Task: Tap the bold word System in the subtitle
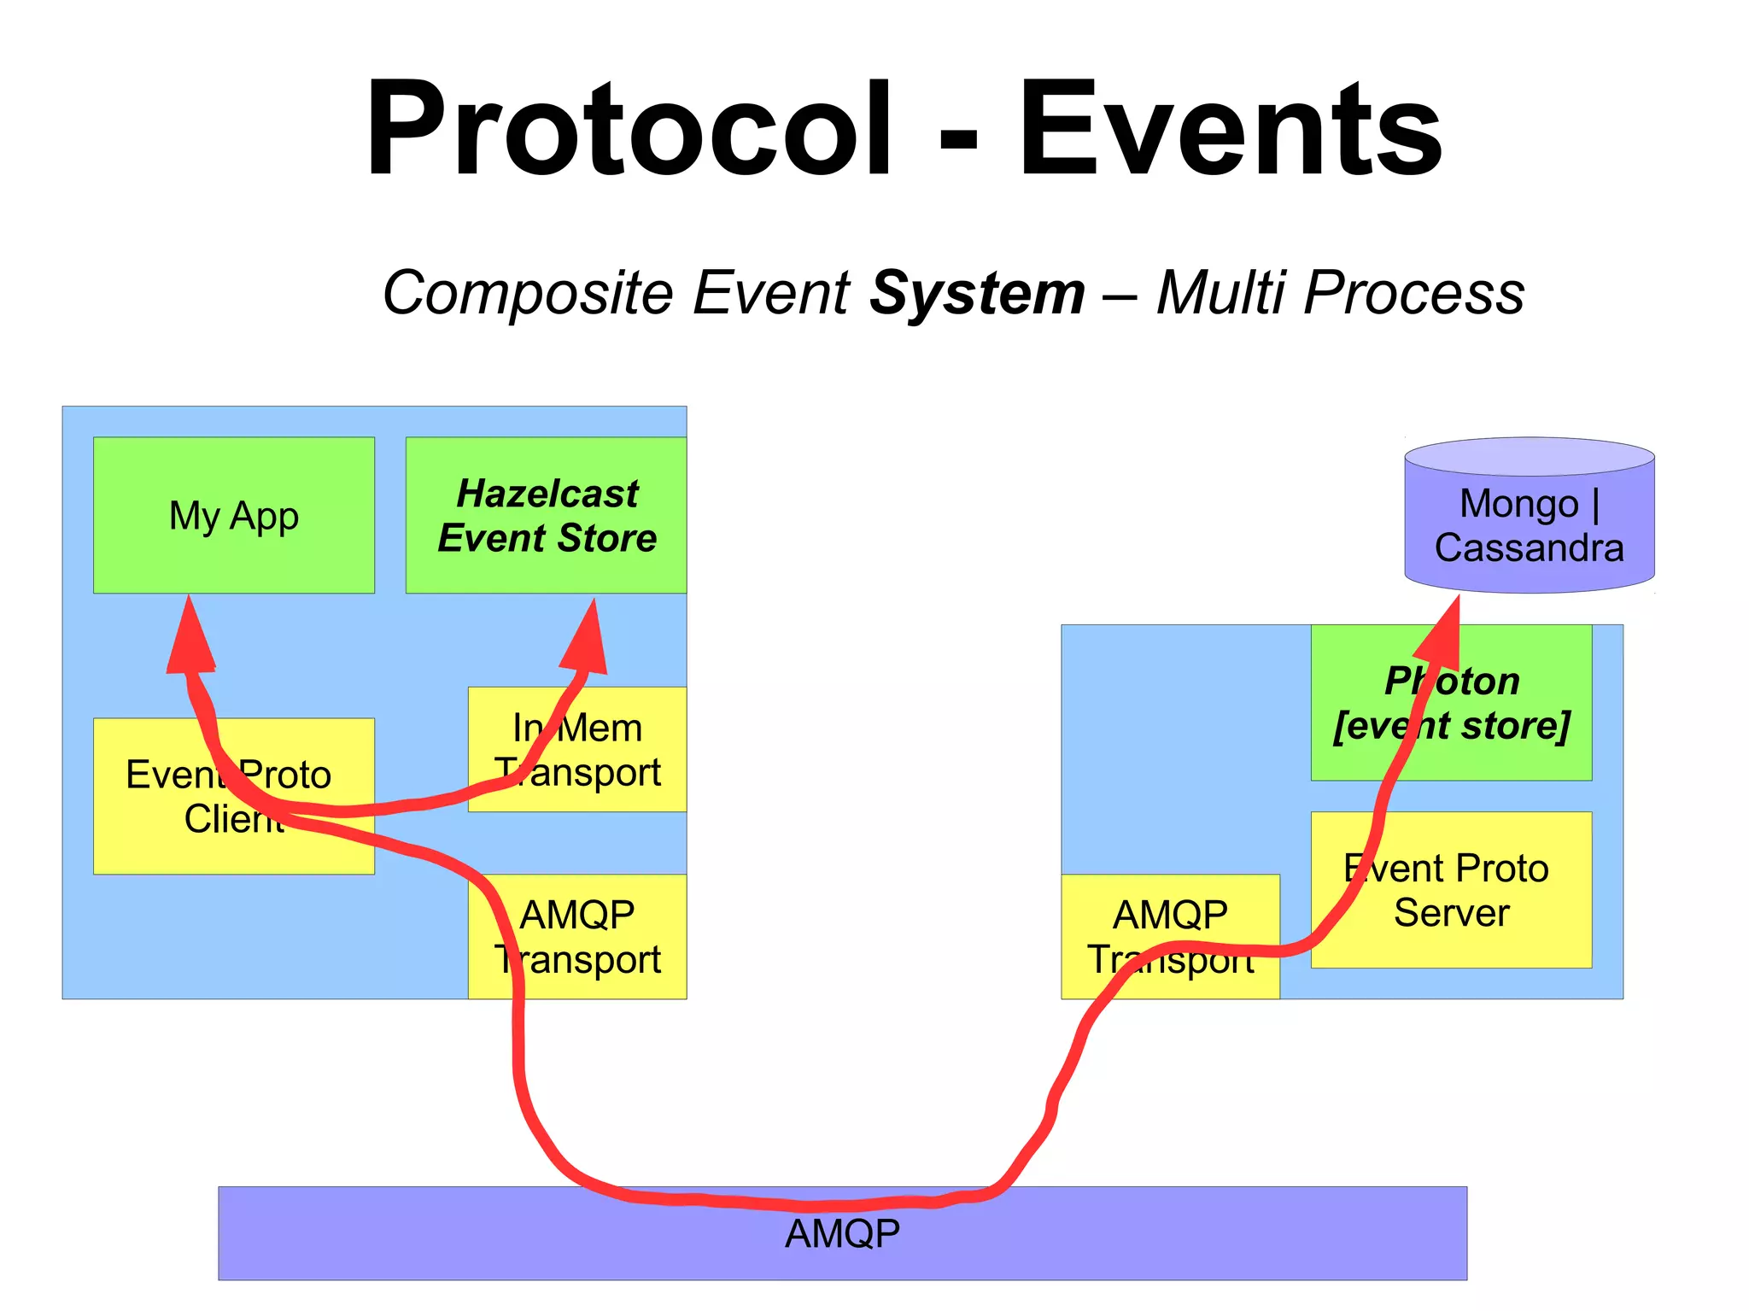pos(977,293)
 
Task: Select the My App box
pos(233,515)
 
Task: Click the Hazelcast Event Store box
pos(546,515)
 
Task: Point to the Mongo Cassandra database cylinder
pos(1529,516)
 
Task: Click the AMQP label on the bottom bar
pos(842,1234)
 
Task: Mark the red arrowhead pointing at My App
pos(190,636)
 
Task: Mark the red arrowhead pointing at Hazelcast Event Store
pos(587,639)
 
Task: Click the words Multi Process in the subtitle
pos(1340,293)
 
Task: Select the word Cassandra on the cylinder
pos(1529,547)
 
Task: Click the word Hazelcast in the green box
pos(547,494)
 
